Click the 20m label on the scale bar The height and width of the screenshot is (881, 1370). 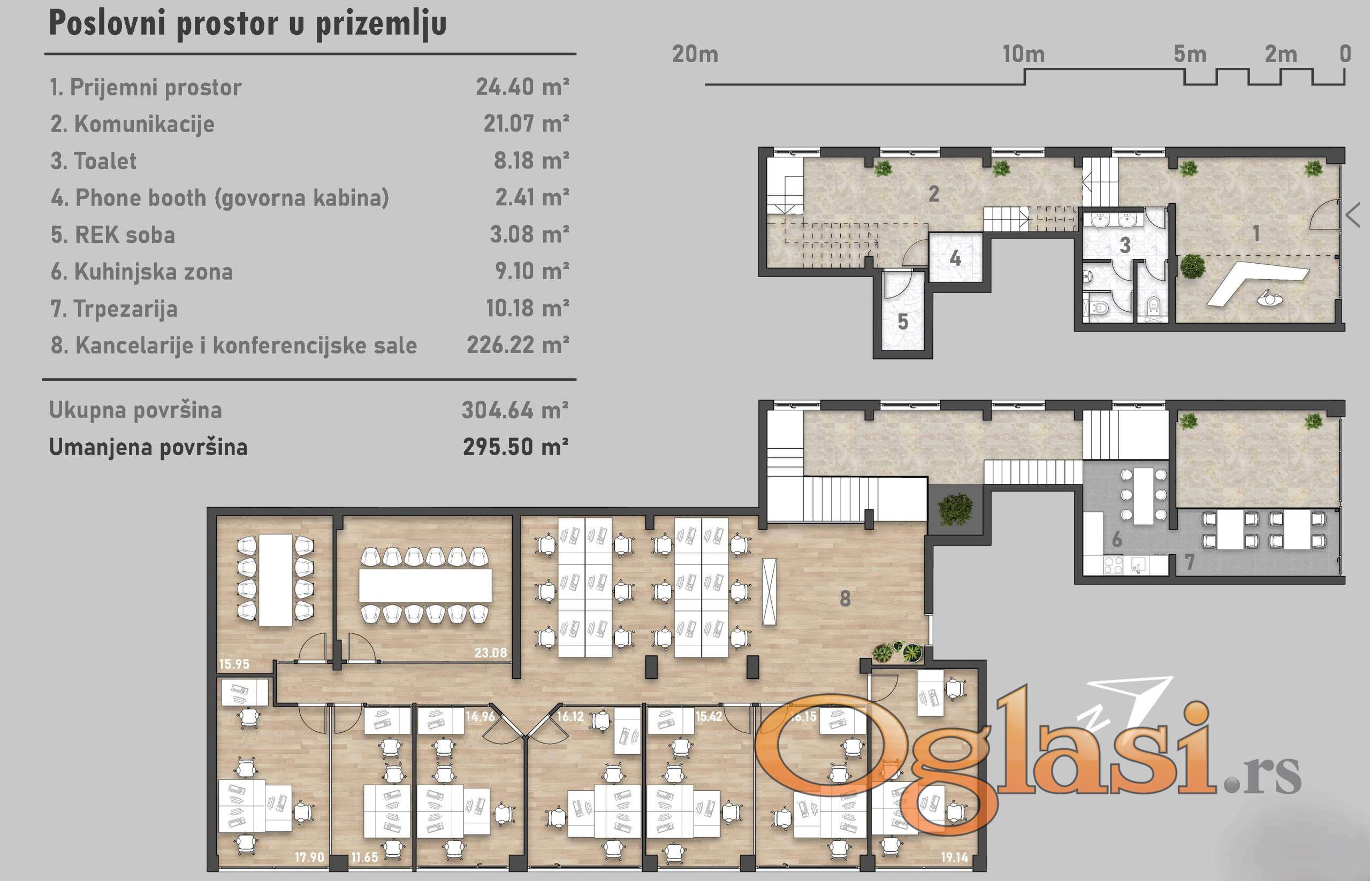click(695, 55)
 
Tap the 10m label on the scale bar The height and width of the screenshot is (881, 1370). click(1023, 55)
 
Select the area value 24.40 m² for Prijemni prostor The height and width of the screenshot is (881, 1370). click(522, 87)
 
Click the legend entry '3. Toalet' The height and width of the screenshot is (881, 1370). click(94, 161)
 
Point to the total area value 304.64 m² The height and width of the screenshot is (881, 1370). click(515, 410)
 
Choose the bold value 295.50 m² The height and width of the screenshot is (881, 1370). click(515, 447)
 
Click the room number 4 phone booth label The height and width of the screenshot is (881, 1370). click(955, 258)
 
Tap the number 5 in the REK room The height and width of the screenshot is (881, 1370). click(903, 322)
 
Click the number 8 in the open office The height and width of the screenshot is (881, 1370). click(845, 599)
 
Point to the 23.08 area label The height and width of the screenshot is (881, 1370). click(490, 652)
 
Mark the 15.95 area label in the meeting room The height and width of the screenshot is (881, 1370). click(234, 664)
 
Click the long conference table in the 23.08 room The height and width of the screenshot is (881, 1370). click(425, 585)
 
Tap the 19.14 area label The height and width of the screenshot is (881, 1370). click(955, 857)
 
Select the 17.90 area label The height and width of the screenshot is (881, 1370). click(310, 857)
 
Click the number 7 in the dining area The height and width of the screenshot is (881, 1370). click(1190, 562)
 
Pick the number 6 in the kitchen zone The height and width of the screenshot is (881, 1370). click(1116, 540)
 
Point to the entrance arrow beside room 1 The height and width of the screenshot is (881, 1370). click(1353, 216)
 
